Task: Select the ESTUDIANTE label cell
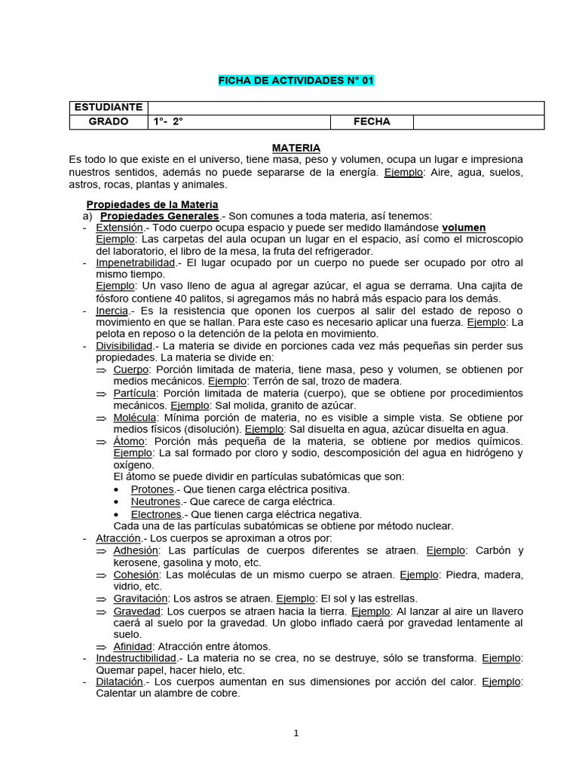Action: [108, 108]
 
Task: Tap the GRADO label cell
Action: [108, 121]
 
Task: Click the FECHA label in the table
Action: [372, 121]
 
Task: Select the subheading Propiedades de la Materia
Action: [152, 204]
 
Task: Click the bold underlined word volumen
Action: [464, 227]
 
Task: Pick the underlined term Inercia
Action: [112, 310]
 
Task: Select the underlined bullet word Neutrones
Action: [155, 501]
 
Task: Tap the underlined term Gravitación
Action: [140, 599]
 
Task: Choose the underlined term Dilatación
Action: [119, 682]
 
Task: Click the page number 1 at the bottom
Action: [296, 733]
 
